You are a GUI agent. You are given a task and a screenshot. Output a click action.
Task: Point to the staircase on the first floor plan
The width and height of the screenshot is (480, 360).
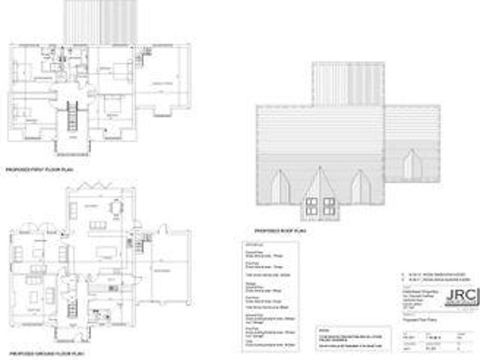73,116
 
